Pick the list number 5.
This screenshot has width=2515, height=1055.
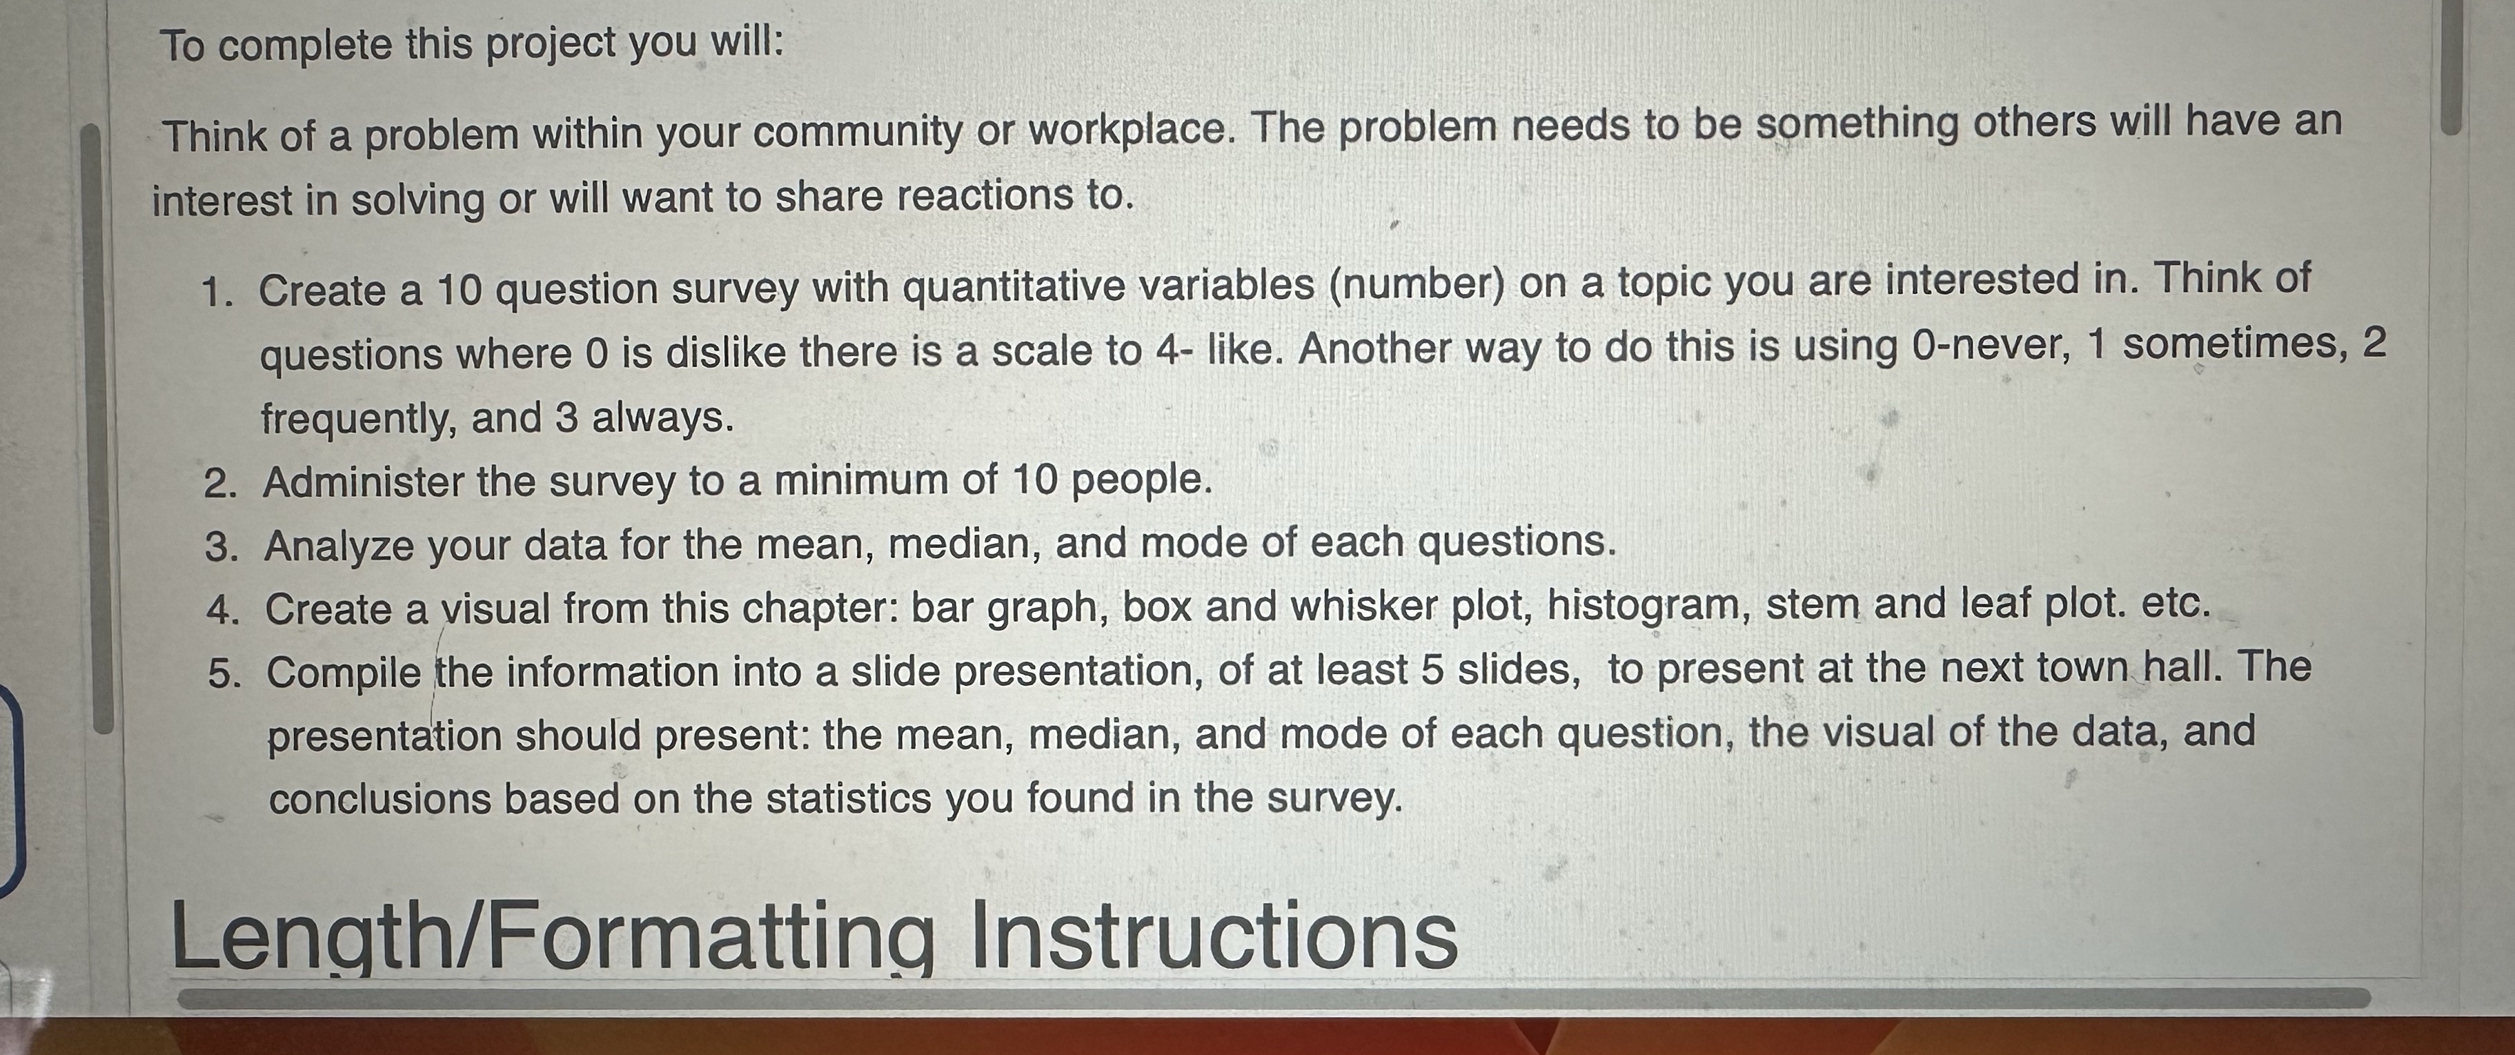224,674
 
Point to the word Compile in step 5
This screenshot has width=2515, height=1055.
343,673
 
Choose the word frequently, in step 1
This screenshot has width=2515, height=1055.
358,420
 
